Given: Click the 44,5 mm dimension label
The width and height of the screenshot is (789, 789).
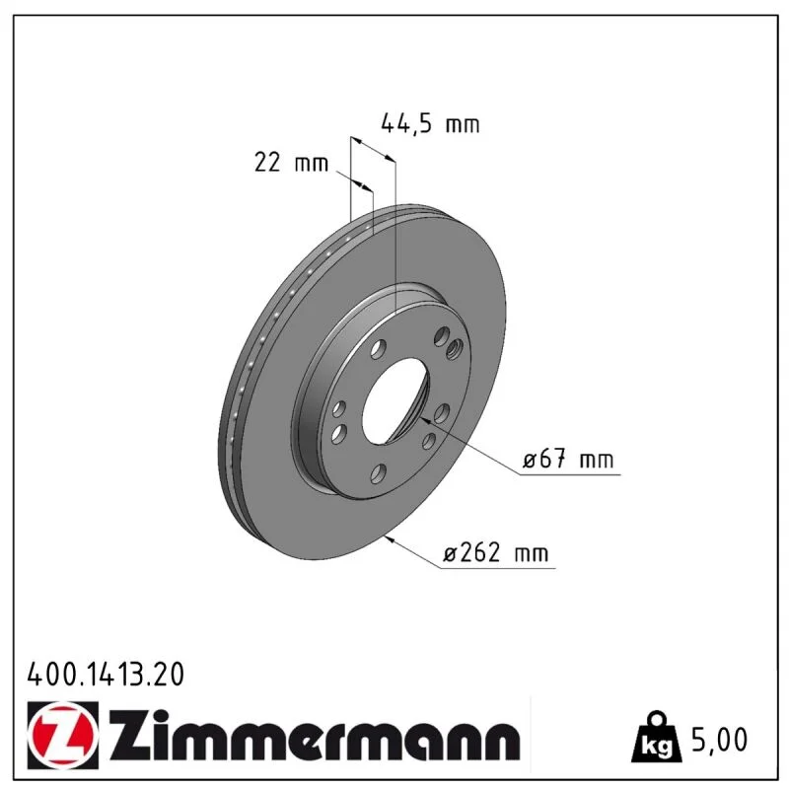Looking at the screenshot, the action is coord(430,124).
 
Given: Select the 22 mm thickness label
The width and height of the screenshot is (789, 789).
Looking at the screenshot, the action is coord(291,163).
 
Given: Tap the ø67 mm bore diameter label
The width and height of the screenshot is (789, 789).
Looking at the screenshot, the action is coord(568,460).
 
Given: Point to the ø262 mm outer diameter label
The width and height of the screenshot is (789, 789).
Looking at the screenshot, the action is coord(496,553).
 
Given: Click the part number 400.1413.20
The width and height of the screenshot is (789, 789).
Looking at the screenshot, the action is coord(106,675).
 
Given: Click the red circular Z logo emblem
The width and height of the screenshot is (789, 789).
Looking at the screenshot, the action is coord(63,735).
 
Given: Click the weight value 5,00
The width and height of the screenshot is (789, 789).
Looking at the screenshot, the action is coord(720,740).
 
